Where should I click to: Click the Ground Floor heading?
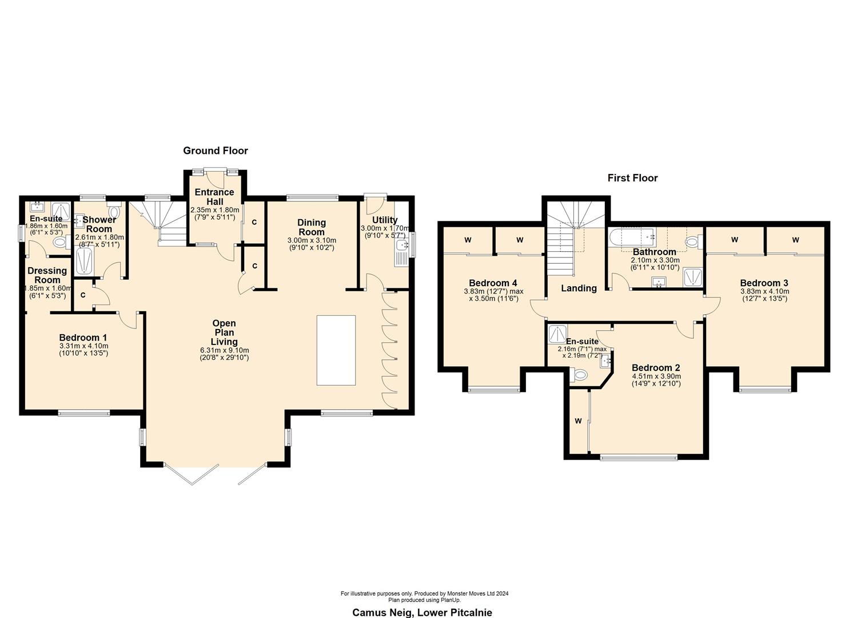pos(215,150)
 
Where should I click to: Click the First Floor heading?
pos(632,178)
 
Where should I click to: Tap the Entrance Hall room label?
pos(214,197)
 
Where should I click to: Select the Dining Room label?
pos(312,227)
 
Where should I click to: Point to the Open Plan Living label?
pos(224,332)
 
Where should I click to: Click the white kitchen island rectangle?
pos(336,350)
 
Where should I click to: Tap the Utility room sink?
pos(401,246)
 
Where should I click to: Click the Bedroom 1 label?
pos(83,338)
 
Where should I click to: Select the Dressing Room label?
pos(47,275)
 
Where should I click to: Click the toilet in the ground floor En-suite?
pos(59,243)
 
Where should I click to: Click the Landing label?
pos(579,288)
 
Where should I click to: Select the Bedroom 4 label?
pos(493,283)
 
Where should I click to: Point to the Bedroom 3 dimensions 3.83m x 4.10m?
pos(764,291)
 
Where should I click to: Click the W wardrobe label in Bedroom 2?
pos(578,421)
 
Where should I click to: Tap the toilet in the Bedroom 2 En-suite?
pos(580,375)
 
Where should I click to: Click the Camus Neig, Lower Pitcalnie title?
pos(422,612)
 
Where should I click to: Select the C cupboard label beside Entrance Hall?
pos(254,222)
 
